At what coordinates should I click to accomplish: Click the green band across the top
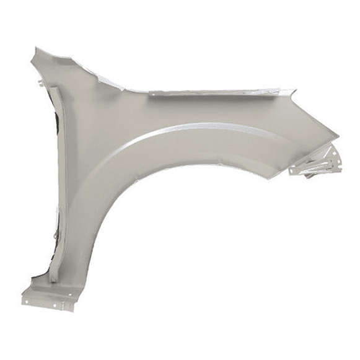(180, 15)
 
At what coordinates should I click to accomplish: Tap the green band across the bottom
(180, 344)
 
